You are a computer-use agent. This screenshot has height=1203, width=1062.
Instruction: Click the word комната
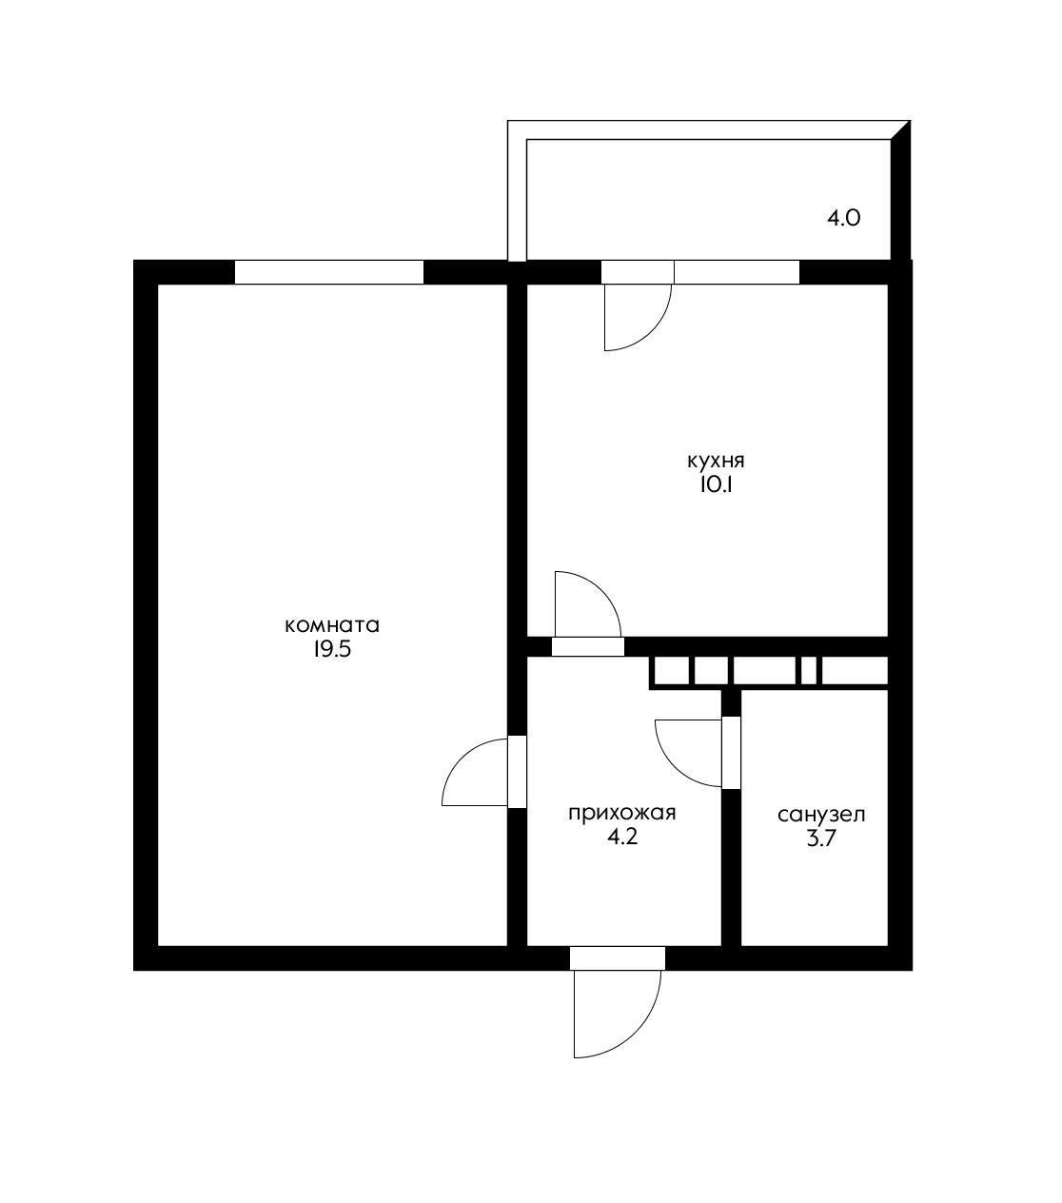point(332,625)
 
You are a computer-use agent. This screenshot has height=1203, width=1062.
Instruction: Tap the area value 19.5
point(332,649)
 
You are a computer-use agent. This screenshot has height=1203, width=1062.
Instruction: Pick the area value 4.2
point(622,837)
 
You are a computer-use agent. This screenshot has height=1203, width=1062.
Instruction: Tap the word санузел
point(821,814)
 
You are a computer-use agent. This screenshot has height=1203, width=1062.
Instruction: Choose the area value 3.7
point(821,838)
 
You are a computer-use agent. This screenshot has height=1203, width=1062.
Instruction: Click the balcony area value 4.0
point(843,219)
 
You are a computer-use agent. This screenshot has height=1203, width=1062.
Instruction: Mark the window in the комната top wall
point(329,272)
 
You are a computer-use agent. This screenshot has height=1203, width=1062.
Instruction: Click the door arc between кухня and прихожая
point(600,591)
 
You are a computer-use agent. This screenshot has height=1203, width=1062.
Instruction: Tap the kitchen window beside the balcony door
point(737,272)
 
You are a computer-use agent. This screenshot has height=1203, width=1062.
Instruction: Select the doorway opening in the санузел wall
point(732,752)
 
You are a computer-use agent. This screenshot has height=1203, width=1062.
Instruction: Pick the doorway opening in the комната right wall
point(517,771)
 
